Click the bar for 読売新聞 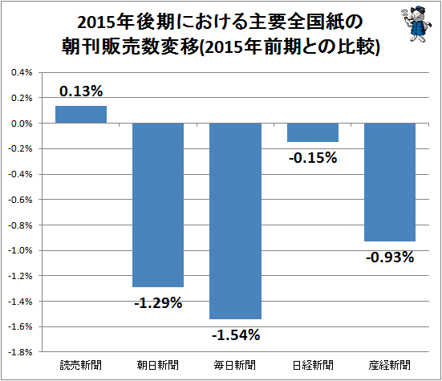click(81, 115)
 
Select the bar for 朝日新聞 click(158, 205)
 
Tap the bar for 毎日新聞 click(235, 221)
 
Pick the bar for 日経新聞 click(313, 132)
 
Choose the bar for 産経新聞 click(390, 182)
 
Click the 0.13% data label click(81, 91)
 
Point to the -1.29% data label click(158, 303)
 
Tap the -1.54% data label click(236, 335)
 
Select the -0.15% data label click(313, 157)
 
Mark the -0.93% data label click(390, 257)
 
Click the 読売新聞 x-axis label click(81, 365)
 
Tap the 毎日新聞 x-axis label click(235, 365)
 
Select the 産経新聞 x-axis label click(390, 365)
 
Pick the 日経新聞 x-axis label click(313, 365)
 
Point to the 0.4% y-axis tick click(22, 72)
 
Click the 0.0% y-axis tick click(22, 124)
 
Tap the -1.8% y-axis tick click(20, 352)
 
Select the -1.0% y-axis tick click(20, 250)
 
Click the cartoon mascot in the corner click(416, 25)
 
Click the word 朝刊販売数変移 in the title click(130, 47)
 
